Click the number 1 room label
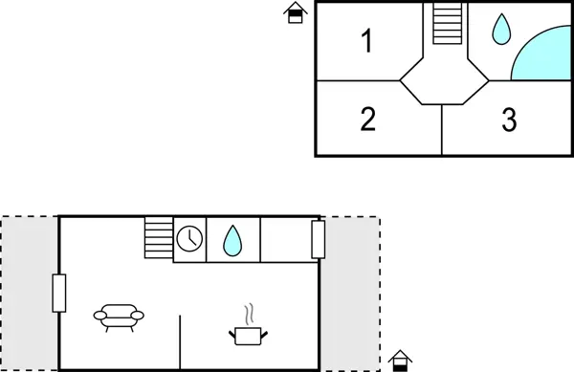pyautogui.click(x=366, y=41)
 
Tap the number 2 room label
pyautogui.click(x=368, y=120)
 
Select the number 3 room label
pyautogui.click(x=509, y=120)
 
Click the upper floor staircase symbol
pyautogui.click(x=447, y=23)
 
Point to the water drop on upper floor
pyautogui.click(x=500, y=31)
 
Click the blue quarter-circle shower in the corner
pyautogui.click(x=541, y=55)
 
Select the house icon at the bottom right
pyautogui.click(x=401, y=361)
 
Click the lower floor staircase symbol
pyautogui.click(x=158, y=236)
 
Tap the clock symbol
pyautogui.click(x=189, y=238)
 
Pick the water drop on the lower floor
pyautogui.click(x=232, y=239)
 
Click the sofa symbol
pyautogui.click(x=119, y=316)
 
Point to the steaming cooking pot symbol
pyautogui.click(x=247, y=327)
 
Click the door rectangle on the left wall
pyautogui.click(x=59, y=293)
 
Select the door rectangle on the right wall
pyautogui.click(x=319, y=239)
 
